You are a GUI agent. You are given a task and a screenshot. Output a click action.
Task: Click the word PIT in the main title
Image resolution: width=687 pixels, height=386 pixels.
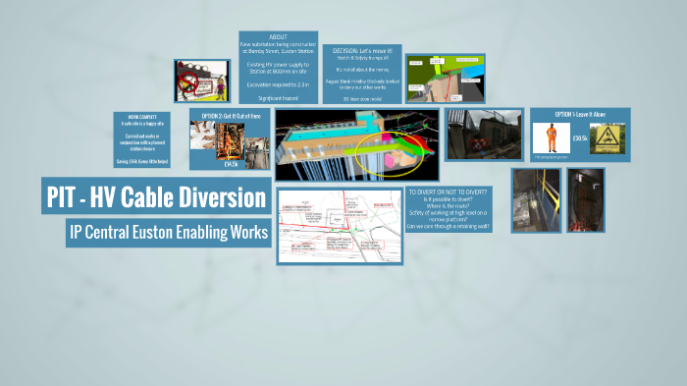tap(66, 198)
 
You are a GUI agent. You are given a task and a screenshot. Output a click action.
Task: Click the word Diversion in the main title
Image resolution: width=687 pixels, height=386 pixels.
tap(225, 198)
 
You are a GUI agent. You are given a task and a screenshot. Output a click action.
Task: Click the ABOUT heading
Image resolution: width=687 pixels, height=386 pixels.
tap(278, 37)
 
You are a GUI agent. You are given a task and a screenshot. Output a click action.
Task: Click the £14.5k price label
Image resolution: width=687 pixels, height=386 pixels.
tap(232, 164)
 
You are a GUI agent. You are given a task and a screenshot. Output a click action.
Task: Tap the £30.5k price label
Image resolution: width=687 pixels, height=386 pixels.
tap(580, 138)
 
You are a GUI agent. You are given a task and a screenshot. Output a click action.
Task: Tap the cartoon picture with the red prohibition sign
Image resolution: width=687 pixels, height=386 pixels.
tap(202, 80)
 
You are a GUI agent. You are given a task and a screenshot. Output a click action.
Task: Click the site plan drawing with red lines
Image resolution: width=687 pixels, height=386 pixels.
tap(326, 226)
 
